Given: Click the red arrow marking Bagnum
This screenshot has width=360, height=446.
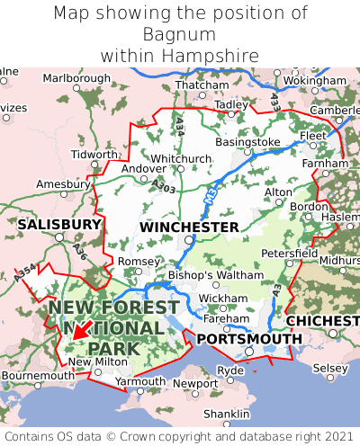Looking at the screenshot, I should click(x=79, y=330).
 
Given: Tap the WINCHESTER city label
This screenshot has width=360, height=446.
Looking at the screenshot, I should click(x=189, y=227).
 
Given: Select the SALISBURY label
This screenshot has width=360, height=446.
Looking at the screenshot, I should click(x=59, y=223).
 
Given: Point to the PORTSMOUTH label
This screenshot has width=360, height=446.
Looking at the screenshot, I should click(x=249, y=338).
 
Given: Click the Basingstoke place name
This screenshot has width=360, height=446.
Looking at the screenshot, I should click(x=248, y=142).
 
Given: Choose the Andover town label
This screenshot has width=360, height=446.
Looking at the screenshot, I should click(x=143, y=168).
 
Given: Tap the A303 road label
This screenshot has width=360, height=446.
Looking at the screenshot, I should click(x=164, y=184).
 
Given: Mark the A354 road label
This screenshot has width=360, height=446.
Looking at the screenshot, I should click(x=27, y=274).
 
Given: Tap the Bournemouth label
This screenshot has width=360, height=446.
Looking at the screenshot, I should click(x=38, y=375).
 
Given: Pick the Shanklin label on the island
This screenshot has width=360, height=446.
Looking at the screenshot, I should click(x=226, y=414).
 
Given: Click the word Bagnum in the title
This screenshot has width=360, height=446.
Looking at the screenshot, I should click(x=180, y=34).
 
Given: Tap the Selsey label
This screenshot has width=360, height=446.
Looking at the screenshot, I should click(x=329, y=369).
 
